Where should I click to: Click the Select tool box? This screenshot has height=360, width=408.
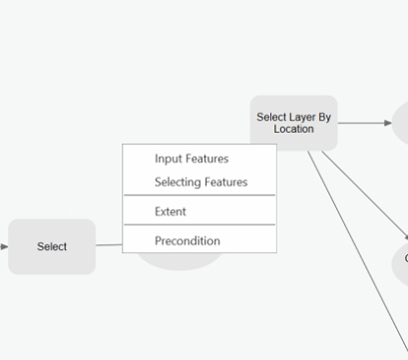click(x=52, y=246)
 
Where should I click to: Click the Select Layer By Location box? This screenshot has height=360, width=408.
click(x=293, y=123)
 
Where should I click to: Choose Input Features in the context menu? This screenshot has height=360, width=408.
click(x=192, y=159)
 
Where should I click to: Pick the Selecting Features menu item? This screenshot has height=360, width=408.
click(x=201, y=181)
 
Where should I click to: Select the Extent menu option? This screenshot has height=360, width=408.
click(x=171, y=211)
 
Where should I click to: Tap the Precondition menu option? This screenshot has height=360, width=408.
click(x=188, y=240)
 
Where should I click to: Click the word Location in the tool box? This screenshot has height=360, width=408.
click(x=293, y=130)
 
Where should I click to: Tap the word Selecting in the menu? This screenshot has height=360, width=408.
click(x=178, y=181)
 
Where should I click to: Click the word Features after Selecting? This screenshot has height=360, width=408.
click(x=225, y=181)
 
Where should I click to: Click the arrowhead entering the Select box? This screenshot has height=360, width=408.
click(x=4, y=245)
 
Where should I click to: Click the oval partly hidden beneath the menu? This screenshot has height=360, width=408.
click(x=180, y=261)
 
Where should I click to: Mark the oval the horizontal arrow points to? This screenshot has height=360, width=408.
click(x=401, y=123)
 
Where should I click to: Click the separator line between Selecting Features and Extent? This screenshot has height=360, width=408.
click(x=200, y=195)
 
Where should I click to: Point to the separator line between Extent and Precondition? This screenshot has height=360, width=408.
click(x=200, y=225)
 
